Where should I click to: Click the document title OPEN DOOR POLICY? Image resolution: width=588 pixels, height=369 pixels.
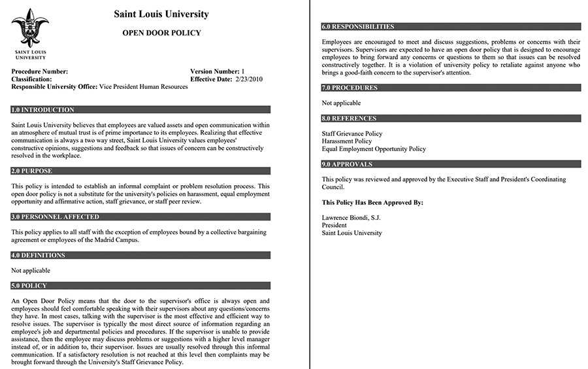tap(161, 33)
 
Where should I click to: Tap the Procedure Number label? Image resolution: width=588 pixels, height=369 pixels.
tap(40, 71)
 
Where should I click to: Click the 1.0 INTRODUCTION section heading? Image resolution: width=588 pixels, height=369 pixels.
tap(43, 110)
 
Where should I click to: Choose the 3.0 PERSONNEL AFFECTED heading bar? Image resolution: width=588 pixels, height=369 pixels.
tap(56, 217)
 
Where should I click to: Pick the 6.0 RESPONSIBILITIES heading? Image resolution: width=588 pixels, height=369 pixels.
tap(358, 27)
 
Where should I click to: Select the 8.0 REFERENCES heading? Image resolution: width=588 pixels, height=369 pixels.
tap(349, 118)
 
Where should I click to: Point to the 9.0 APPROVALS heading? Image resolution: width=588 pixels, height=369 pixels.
tap(347, 164)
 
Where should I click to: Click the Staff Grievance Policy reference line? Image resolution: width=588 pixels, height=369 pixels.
tap(352, 133)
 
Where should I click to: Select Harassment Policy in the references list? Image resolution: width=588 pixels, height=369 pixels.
tap(347, 141)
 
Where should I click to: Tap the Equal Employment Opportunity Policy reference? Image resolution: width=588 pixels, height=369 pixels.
tap(374, 149)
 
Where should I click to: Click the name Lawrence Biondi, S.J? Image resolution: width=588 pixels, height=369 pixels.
tap(351, 217)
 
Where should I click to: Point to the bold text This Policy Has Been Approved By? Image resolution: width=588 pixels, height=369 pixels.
tap(372, 203)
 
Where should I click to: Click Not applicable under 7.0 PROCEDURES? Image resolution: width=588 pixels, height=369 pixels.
tap(341, 103)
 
